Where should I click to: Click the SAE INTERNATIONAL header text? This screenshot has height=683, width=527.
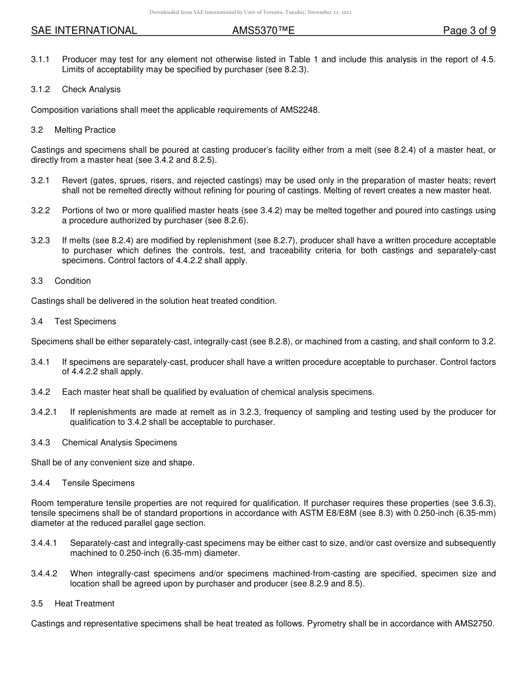click(84, 31)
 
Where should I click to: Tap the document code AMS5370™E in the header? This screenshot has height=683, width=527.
click(263, 31)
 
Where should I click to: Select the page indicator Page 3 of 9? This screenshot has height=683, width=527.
click(469, 31)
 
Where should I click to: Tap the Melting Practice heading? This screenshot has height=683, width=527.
click(85, 130)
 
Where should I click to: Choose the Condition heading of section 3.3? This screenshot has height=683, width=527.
click(73, 281)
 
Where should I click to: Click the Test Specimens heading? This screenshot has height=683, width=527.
click(85, 322)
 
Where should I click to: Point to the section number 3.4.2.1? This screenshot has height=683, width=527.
click(44, 412)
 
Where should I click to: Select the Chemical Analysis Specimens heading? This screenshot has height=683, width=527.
click(119, 443)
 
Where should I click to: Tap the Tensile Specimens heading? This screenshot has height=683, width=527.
click(98, 483)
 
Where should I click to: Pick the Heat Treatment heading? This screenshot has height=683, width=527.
click(84, 604)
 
